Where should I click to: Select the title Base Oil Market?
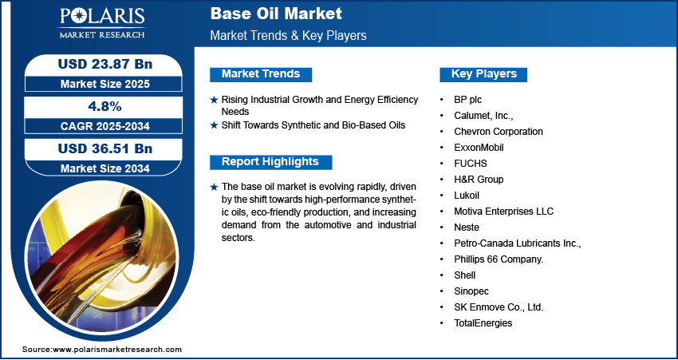click(x=276, y=14)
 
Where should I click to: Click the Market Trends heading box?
click(x=261, y=74)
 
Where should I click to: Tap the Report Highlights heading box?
click(x=270, y=162)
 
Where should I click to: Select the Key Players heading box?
click(x=484, y=74)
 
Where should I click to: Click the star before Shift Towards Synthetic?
click(x=214, y=125)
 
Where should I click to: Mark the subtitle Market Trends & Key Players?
click(x=288, y=36)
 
